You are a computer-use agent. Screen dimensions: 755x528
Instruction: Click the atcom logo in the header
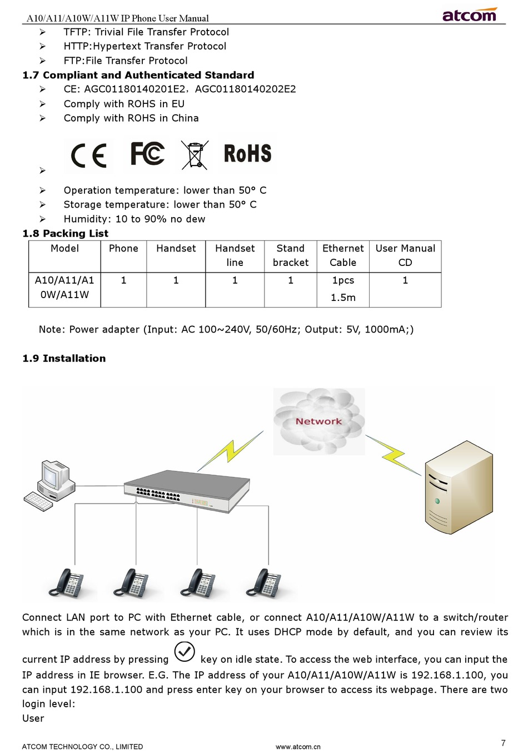(469, 14)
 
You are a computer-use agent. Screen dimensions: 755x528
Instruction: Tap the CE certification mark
(88, 155)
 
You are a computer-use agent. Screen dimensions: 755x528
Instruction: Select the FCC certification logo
(147, 154)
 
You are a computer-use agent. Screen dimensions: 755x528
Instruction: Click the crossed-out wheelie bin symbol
(195, 154)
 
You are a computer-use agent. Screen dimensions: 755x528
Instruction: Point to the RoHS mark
(247, 154)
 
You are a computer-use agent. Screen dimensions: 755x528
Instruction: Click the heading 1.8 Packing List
(65, 233)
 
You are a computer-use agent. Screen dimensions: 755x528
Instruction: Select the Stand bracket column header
(290, 255)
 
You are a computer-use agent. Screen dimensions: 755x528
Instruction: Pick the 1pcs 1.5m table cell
(343, 289)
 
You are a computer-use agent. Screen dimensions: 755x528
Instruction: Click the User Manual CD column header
(405, 255)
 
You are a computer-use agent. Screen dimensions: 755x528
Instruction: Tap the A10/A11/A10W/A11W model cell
(64, 288)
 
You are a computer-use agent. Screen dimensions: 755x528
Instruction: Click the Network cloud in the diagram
(318, 421)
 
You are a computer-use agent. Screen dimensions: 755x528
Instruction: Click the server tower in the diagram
(459, 487)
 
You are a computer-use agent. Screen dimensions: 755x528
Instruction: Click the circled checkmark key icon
(185, 652)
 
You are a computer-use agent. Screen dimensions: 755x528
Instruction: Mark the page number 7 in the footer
(503, 743)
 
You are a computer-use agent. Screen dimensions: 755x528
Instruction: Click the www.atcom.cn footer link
(298, 747)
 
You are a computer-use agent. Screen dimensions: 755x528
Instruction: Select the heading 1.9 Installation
(64, 358)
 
